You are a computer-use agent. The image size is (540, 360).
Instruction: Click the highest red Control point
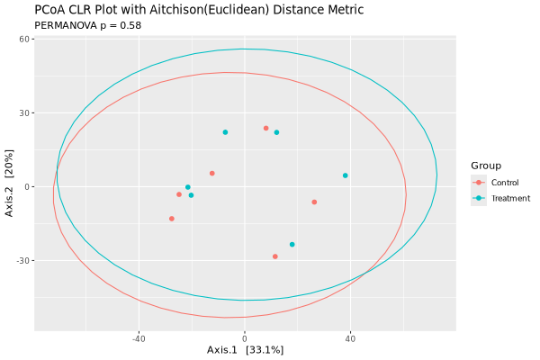point(265,128)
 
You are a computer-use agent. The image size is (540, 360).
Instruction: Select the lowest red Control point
point(275,256)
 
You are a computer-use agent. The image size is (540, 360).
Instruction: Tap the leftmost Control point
point(172,219)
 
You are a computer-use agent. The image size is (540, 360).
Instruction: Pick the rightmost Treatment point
point(345,175)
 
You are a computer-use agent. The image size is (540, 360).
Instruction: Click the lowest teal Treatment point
point(292,244)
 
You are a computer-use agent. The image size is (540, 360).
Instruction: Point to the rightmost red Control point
point(314,202)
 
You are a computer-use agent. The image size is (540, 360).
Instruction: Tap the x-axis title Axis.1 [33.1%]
point(245,349)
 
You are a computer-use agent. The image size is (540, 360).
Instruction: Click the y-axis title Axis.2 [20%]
point(9,186)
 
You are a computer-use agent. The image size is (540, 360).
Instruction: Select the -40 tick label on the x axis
point(139,338)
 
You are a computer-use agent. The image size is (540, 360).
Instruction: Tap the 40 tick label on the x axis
point(350,338)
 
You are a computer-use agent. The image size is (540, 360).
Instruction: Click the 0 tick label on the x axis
point(245,338)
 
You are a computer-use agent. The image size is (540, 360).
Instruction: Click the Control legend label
point(505,183)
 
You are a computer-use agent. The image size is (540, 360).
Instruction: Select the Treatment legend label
point(509,198)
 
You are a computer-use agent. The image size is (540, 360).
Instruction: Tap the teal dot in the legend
point(479,198)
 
